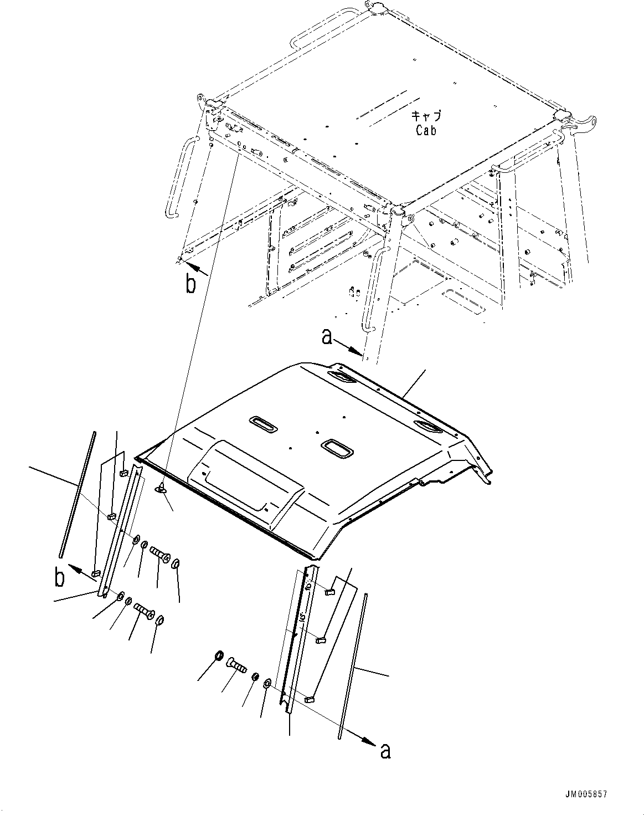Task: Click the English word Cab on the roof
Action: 425,131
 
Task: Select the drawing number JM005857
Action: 586,795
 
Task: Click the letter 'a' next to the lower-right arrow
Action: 385,751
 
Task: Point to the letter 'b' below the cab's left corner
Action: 190,284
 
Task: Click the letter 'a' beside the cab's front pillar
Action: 327,336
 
